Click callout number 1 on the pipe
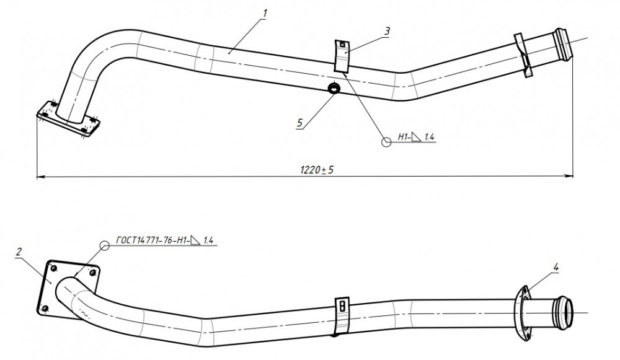click(265, 14)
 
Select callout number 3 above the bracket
click(387, 31)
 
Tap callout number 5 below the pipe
click(299, 123)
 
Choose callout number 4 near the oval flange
click(556, 268)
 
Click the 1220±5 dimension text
click(317, 170)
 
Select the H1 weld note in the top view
click(417, 137)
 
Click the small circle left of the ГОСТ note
click(104, 245)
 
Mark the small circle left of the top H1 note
click(386, 142)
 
